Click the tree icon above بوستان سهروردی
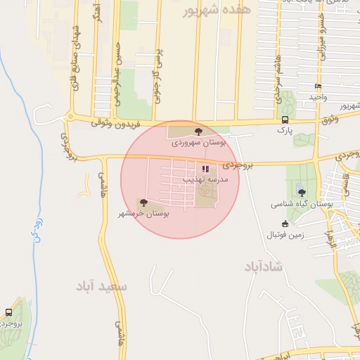(x=199, y=131)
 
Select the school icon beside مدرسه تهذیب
(x=205, y=169)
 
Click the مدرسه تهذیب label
(x=205, y=180)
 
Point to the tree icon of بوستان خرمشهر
(x=144, y=202)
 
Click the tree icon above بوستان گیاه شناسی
(x=302, y=192)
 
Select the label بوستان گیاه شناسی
(x=302, y=203)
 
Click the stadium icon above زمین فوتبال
(x=285, y=224)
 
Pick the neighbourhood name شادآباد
(x=264, y=267)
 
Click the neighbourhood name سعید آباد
(x=103, y=287)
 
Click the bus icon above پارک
(x=285, y=120)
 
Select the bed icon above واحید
(x=319, y=86)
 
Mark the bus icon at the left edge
(x=8, y=312)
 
